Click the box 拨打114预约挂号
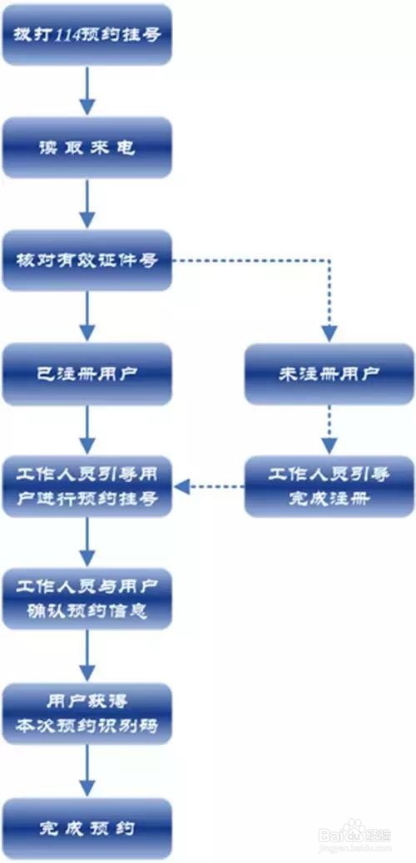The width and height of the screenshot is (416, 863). [87, 35]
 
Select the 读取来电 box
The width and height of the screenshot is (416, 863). [87, 147]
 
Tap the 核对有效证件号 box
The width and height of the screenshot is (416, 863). [87, 260]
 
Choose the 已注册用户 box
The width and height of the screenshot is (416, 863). [87, 373]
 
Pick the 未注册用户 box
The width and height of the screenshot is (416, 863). [329, 373]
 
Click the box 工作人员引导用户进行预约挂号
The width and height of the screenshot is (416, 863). [87, 486]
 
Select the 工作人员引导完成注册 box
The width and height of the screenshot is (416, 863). [329, 486]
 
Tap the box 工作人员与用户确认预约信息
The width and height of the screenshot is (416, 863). [87, 599]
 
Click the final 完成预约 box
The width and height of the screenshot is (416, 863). [87, 827]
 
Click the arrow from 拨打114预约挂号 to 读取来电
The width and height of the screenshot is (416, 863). [87, 91]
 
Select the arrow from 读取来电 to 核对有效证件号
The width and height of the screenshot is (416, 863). [87, 203]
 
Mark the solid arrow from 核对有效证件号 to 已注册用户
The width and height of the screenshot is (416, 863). [87, 316]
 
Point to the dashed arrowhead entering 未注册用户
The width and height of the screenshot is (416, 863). [329, 333]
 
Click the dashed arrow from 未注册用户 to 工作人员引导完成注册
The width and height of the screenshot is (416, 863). [329, 429]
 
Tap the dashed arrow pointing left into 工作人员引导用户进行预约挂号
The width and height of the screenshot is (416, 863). [209, 486]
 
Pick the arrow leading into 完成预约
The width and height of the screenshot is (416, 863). [87, 770]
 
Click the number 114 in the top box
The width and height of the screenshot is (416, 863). [71, 35]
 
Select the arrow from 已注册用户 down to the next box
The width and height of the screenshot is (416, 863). [87, 429]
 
